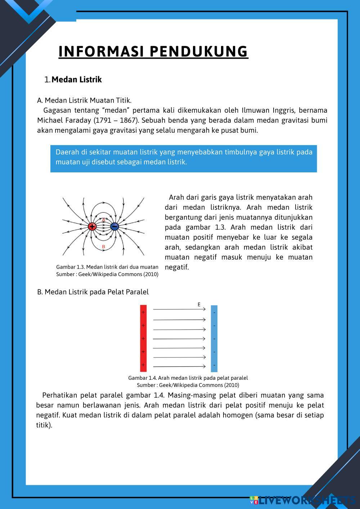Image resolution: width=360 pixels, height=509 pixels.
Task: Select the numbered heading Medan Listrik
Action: pyautogui.click(x=76, y=80)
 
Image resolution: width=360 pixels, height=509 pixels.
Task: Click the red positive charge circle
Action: pyautogui.click(x=92, y=226)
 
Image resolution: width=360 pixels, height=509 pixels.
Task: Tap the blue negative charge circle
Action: pyautogui.click(x=114, y=226)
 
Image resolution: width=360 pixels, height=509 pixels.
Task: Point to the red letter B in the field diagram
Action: pyautogui.click(x=104, y=247)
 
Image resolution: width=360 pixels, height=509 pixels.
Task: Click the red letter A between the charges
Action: pyautogui.click(x=104, y=220)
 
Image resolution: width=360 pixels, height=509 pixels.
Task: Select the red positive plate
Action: pyautogui.click(x=143, y=338)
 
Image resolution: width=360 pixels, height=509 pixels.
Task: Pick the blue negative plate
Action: pyautogui.click(x=214, y=338)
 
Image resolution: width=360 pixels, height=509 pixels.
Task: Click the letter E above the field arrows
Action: pyautogui.click(x=199, y=305)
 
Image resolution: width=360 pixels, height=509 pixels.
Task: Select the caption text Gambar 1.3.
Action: pyautogui.click(x=70, y=267)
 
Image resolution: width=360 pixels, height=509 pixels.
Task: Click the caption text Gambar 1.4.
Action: pyautogui.click(x=142, y=378)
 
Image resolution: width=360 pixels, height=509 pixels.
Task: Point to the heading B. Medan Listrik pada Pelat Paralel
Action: pyautogui.click(x=93, y=292)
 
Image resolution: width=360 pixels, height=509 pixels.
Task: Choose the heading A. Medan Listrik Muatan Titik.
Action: pyautogui.click(x=84, y=100)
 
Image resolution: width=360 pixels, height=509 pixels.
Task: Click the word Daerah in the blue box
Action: pyautogui.click(x=66, y=152)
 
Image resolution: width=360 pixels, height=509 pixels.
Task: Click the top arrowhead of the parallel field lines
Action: pyautogui.click(x=204, y=309)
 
